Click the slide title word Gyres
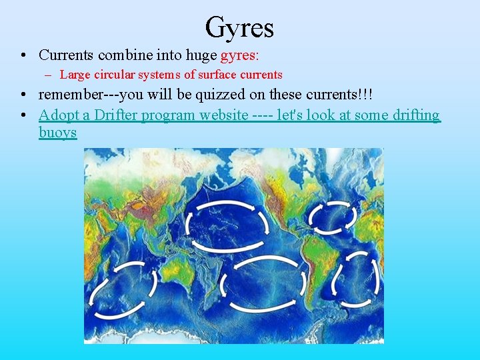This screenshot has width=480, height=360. point(239,28)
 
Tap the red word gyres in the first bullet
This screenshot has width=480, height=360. point(239,55)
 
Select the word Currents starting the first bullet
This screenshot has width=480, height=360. point(66,54)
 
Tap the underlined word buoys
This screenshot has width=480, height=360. point(57,132)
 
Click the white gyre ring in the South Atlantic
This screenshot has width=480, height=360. point(357,279)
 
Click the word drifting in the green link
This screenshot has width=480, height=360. point(407,115)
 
